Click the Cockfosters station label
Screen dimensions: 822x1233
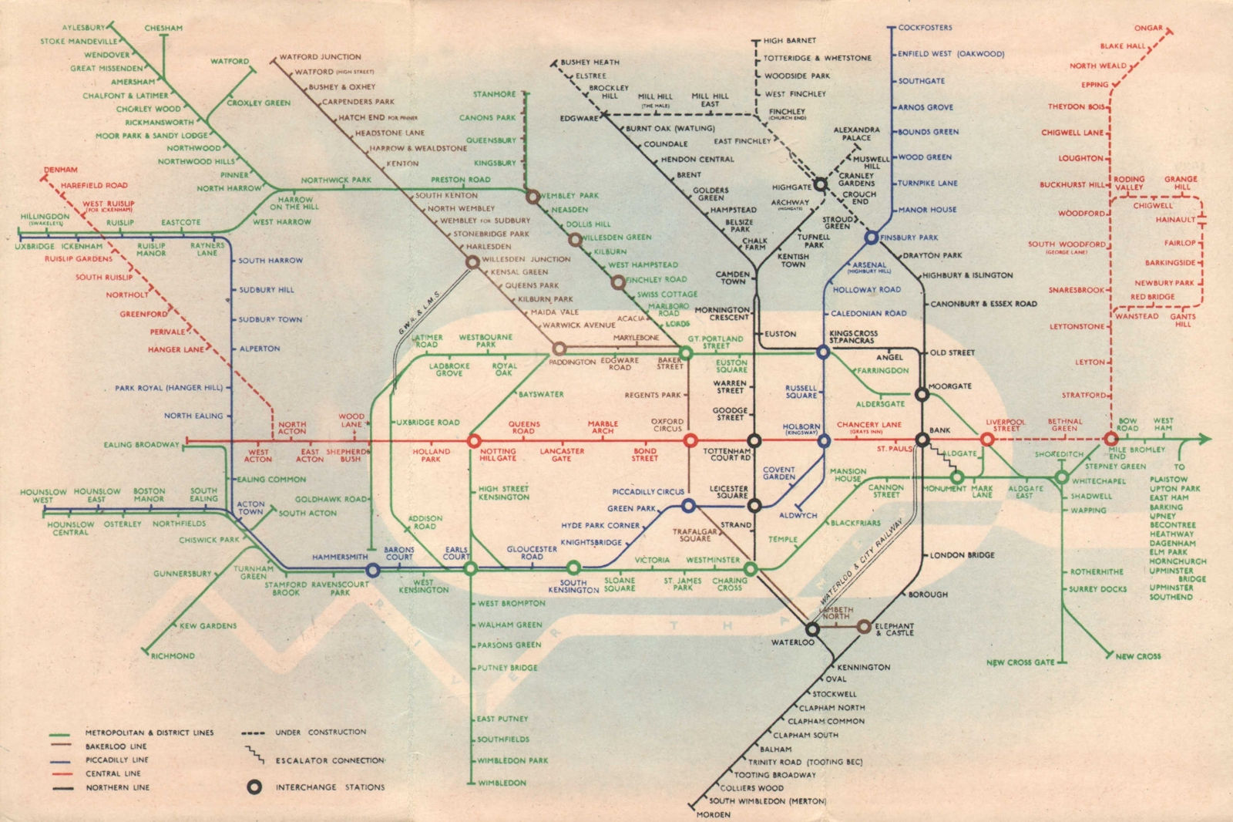pyautogui.click(x=925, y=28)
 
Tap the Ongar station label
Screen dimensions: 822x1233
pyautogui.click(x=1148, y=28)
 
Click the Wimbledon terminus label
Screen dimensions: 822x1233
pyautogui.click(x=502, y=783)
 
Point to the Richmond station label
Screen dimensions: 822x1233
pyautogui.click(x=173, y=656)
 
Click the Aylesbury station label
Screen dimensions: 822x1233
pyautogui.click(x=84, y=28)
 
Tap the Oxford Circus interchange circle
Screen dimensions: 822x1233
pyautogui.click(x=690, y=440)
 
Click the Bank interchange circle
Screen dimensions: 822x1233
pyautogui.click(x=922, y=440)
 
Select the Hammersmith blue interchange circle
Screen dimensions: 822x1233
pyautogui.click(x=373, y=570)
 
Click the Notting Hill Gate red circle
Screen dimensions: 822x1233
pyautogui.click(x=473, y=441)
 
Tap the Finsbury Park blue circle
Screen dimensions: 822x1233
pyautogui.click(x=872, y=238)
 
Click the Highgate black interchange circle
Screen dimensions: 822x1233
pyautogui.click(x=821, y=184)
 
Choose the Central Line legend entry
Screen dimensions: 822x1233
pyautogui.click(x=113, y=773)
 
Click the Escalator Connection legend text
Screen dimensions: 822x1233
pyautogui.click(x=330, y=760)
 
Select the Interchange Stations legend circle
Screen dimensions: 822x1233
pyautogui.click(x=254, y=787)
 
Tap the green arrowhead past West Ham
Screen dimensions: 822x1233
pyautogui.click(x=1204, y=440)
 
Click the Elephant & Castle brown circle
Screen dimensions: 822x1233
pyautogui.click(x=864, y=626)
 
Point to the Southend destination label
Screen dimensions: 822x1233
pyautogui.click(x=1171, y=597)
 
